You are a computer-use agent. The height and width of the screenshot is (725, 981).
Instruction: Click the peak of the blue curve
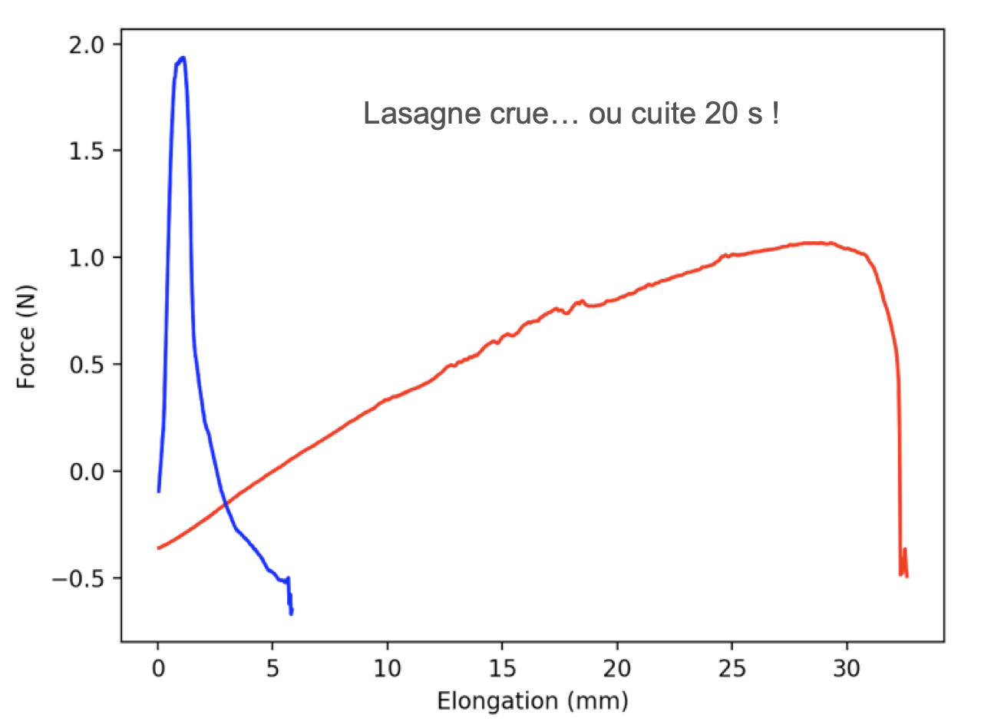click(182, 58)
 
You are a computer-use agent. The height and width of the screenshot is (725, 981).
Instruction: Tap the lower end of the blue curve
click(291, 613)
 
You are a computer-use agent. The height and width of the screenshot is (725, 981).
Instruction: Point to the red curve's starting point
click(159, 548)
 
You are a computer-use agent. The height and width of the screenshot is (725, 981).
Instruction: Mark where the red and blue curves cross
click(225, 504)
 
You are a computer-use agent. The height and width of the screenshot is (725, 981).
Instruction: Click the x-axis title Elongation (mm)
click(532, 700)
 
